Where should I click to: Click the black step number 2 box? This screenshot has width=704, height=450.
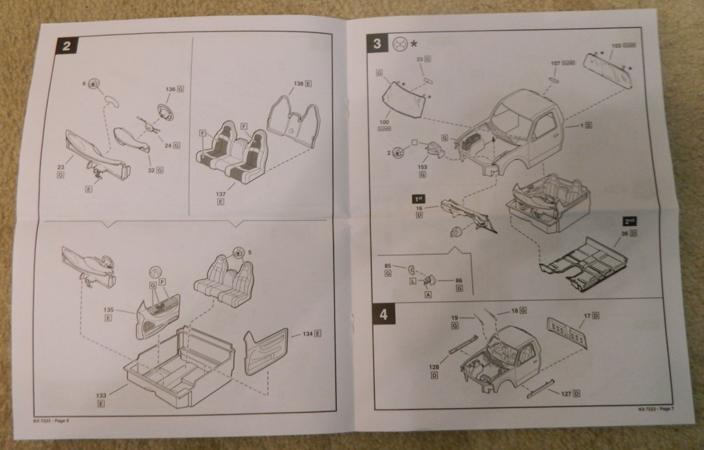coord(67,46)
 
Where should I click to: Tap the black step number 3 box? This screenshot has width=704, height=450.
coord(377,43)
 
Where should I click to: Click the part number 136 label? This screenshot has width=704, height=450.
coord(170,89)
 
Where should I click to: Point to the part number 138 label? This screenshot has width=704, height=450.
coord(298,83)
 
